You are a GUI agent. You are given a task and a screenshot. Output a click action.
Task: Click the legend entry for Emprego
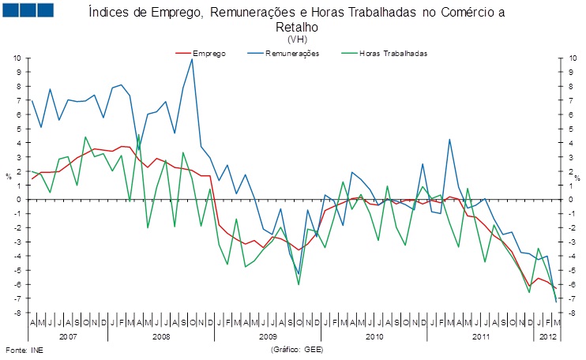(208, 54)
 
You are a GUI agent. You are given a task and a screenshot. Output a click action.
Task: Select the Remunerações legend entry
(291, 54)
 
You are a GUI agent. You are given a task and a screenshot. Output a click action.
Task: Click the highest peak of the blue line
(192, 59)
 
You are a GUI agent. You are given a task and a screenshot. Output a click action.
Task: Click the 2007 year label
(68, 336)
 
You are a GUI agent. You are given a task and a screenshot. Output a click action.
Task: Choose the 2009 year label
(268, 336)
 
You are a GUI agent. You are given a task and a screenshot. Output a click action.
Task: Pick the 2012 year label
(546, 336)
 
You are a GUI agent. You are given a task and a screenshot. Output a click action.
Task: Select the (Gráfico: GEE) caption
(297, 349)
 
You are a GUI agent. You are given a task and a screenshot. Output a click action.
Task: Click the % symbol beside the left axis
(8, 177)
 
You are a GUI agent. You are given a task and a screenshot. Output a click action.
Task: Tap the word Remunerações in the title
(269, 13)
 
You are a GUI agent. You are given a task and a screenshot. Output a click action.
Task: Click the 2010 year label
(374, 336)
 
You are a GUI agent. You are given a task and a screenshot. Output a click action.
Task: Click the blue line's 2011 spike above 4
(449, 140)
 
